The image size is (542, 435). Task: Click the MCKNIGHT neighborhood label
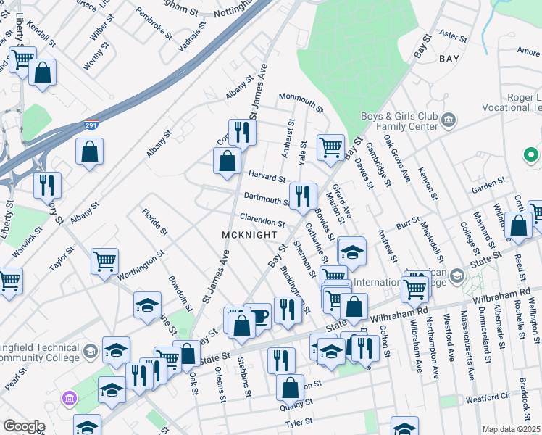[249, 235]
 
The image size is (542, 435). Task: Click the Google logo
[24, 426]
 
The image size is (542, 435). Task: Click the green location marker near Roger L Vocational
[530, 155]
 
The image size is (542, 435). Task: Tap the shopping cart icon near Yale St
[331, 147]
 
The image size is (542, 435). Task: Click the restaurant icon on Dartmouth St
[303, 196]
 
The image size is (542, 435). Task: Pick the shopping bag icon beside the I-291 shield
[90, 152]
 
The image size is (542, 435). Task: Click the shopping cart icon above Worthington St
[105, 261]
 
